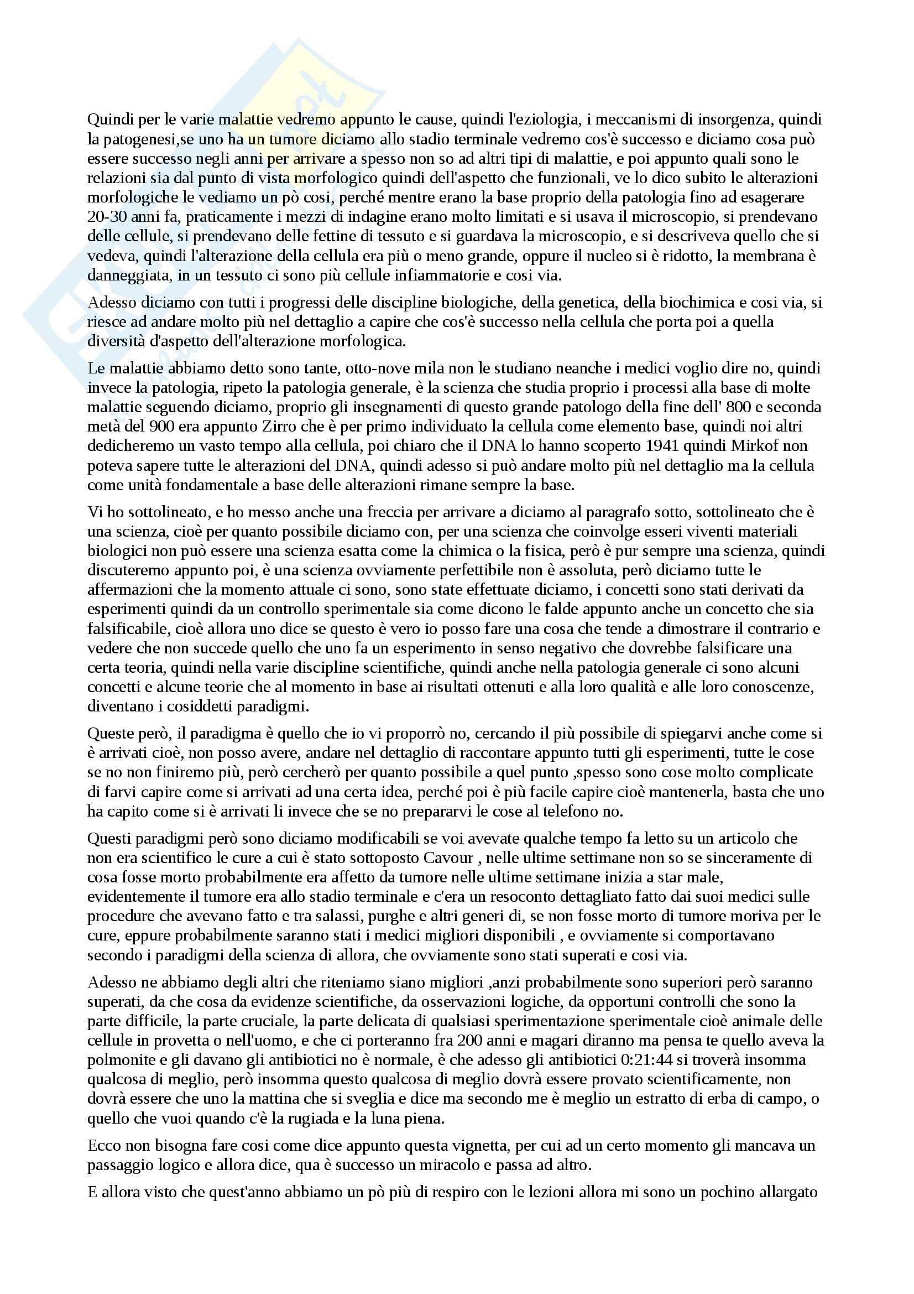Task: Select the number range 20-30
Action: (x=108, y=217)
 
